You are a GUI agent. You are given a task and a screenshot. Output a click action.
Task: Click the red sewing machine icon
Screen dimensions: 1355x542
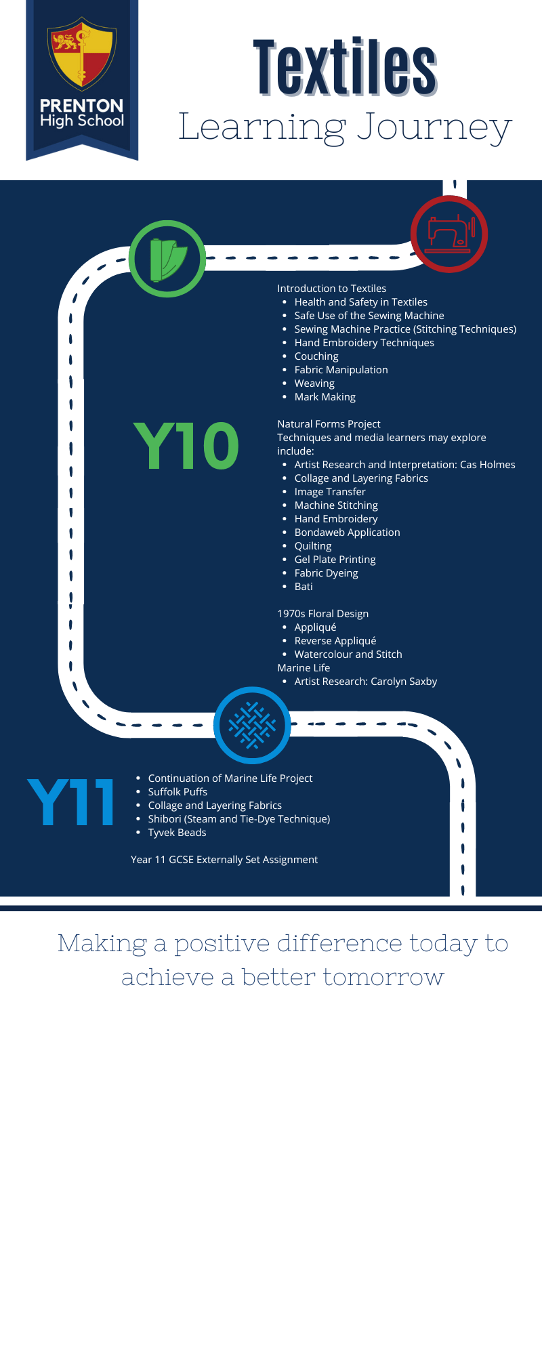(449, 234)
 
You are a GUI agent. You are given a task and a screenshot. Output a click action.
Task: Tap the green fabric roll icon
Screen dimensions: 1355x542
(167, 259)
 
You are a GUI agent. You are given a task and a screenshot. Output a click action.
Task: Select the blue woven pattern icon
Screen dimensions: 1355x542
(252, 725)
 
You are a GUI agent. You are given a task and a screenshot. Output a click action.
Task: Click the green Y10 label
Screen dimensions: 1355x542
(186, 445)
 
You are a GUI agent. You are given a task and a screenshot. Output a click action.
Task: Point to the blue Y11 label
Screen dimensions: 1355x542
(70, 802)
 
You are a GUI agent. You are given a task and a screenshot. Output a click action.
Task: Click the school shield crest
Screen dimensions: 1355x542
(81, 54)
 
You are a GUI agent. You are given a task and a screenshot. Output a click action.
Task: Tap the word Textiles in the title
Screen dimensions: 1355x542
(345, 68)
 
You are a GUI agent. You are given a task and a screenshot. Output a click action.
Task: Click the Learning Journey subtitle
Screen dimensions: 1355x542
(345, 127)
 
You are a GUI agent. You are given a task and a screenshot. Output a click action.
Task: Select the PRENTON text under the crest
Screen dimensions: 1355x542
(81, 106)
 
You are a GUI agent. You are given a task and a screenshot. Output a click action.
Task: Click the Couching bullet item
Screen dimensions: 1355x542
(316, 356)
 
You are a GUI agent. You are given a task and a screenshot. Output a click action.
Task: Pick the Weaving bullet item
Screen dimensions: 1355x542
(314, 383)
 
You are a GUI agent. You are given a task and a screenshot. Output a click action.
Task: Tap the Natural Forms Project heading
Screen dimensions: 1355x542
(329, 424)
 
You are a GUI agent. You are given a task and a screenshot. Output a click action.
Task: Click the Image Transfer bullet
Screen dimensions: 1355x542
(330, 492)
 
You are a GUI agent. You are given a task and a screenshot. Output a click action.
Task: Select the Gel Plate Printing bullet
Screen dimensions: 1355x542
(335, 560)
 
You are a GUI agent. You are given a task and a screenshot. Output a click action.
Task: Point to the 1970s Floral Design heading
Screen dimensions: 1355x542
(323, 614)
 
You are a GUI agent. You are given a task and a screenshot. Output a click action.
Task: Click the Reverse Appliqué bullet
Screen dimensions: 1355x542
(335, 641)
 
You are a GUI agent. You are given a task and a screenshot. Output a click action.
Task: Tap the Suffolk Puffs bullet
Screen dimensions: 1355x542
(178, 792)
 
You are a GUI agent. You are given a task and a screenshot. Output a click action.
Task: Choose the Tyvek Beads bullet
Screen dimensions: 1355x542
(177, 833)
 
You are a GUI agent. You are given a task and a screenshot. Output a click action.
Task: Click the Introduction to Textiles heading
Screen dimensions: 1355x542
(331, 289)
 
